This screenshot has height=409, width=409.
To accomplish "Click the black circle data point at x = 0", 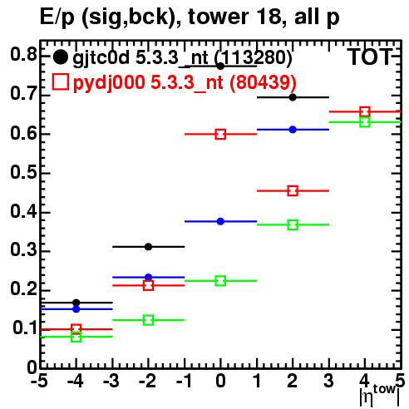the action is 220,67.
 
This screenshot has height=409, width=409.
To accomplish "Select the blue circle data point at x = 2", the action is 293,130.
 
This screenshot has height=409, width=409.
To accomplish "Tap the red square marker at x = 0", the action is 220,135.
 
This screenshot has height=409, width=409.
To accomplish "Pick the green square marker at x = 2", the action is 293,224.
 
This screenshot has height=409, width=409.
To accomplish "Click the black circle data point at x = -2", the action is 148,247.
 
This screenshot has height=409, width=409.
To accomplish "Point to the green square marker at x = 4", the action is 365,122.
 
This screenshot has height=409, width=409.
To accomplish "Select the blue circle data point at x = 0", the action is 220,221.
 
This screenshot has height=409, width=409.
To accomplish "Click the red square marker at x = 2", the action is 293,191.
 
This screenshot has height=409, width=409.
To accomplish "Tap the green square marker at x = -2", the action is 149,320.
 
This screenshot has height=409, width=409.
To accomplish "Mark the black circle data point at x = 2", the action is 293,97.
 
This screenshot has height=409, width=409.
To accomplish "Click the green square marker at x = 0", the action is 220,281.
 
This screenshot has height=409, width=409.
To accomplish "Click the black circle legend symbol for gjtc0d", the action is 60,57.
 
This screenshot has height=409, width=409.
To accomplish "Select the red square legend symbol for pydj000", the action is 60,81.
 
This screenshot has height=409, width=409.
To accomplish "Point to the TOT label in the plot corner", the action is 369,57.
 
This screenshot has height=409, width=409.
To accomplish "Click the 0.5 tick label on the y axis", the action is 23,172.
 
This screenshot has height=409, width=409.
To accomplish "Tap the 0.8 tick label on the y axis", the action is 23,54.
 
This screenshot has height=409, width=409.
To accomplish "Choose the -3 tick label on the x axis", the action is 111,381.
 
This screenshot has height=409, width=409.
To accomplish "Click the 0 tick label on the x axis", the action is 220,381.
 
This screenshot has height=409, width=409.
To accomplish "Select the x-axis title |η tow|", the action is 380,396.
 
